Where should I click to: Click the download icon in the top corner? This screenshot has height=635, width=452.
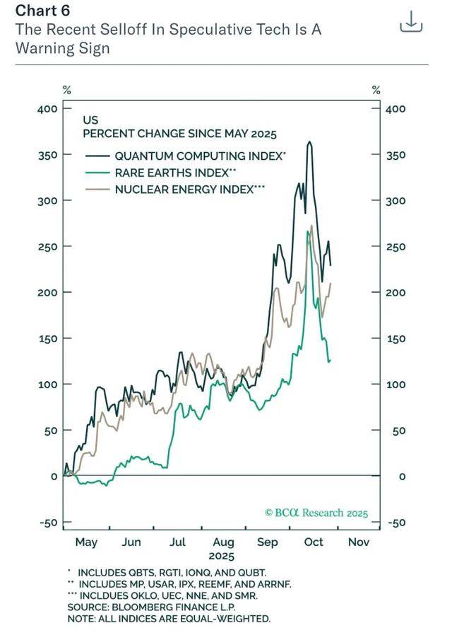pos(411,22)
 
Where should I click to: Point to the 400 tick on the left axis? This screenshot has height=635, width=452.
pos(47,109)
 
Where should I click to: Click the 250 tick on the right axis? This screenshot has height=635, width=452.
pos(395,247)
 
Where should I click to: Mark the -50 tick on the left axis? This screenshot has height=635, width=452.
pos(47,523)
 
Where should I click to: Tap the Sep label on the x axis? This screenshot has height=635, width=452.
pos(267,542)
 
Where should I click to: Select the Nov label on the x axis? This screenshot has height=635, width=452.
pos(358,542)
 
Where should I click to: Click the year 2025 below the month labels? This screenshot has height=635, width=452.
pos(222,556)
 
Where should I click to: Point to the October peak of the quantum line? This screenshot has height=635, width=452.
pos(309,142)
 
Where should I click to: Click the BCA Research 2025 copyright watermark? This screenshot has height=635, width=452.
pos(316,513)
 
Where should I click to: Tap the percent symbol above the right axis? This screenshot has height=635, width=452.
pos(376,90)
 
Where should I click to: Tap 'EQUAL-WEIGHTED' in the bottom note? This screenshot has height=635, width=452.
pos(230,619)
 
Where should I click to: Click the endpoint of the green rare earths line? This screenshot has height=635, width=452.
pos(329,361)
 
